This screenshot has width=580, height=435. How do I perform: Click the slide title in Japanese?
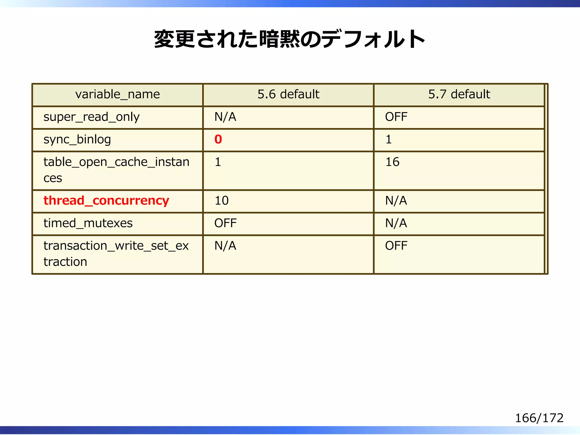289,39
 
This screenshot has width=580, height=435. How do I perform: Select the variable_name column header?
118,94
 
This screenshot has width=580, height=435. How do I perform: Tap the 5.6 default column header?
288,94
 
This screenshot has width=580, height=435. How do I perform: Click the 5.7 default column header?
459,94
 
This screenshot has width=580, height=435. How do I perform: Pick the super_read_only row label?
91,117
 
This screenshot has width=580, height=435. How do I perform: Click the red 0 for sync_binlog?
218,139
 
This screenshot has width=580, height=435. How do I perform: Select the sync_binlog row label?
77,139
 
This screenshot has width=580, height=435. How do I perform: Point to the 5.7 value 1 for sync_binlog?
389,139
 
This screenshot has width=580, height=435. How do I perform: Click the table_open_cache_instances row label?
116,170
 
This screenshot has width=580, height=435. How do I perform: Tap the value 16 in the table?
393,162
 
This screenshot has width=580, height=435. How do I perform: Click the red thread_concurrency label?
106,201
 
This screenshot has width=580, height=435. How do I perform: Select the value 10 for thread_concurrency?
221,201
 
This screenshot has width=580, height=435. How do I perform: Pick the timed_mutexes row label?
88,223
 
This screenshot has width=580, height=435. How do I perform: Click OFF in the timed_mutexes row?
225,223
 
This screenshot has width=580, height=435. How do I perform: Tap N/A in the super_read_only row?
225,117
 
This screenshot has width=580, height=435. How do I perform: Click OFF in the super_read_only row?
396,117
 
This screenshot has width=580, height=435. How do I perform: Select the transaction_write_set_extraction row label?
116,253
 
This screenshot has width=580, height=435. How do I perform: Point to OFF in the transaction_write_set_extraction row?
396,246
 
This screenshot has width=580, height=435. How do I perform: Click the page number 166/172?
539,418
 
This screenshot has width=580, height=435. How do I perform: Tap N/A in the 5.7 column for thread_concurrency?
396,201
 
